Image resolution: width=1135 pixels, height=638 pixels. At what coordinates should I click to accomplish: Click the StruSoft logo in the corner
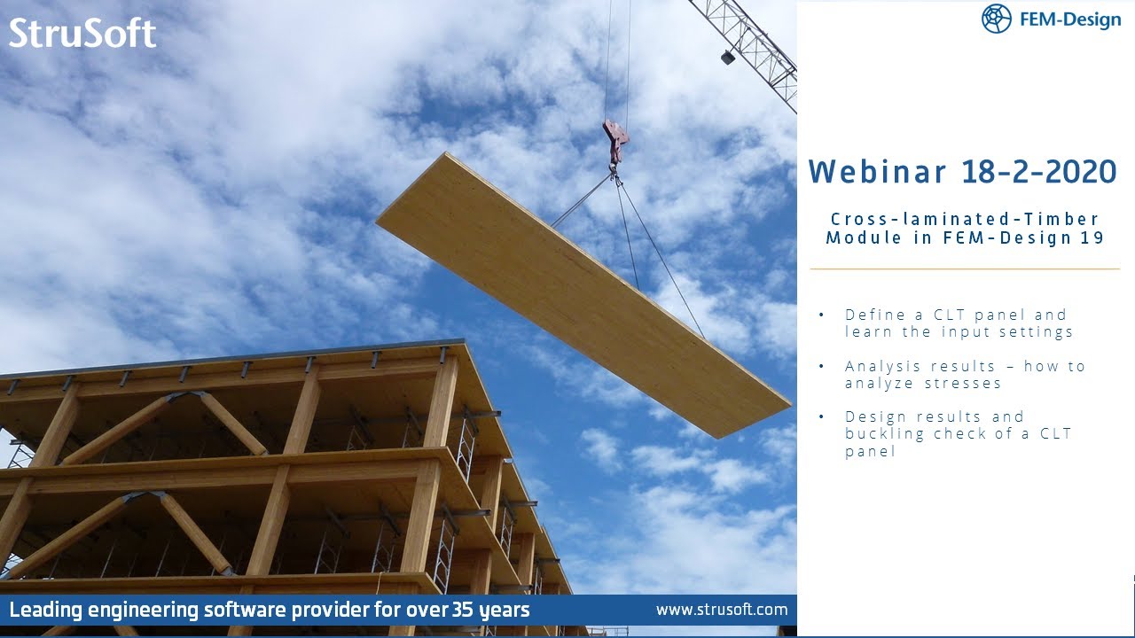pos(82,34)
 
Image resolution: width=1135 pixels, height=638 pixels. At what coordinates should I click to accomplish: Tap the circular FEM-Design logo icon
pos(997,19)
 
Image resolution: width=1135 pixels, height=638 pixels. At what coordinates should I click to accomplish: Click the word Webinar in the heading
pos(878,172)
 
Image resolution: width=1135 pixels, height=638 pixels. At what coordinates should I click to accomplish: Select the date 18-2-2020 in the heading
pos(1039,172)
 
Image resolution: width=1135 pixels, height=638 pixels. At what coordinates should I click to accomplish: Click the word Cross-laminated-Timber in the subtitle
pos(965,219)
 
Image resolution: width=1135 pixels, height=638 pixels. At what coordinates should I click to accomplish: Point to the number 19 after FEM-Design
pos(1092,237)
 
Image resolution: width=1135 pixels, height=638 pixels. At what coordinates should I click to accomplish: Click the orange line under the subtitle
pos(965,268)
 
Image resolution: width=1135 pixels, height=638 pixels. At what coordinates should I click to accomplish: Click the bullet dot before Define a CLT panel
pos(821,315)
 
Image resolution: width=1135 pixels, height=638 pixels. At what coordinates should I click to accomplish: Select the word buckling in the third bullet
pos(882,433)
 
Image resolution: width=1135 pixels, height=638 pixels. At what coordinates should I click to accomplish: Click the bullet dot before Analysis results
pos(821,367)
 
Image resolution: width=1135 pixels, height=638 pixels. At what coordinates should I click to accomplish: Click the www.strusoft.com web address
pos(721,610)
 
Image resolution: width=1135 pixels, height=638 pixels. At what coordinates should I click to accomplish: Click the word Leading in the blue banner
pos(43,610)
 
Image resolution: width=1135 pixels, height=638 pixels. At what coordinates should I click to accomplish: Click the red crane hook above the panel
pos(615,140)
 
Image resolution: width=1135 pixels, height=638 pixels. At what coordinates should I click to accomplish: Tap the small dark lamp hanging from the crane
pos(727,57)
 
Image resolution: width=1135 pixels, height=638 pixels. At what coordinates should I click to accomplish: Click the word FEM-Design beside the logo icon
pos(1070,19)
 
